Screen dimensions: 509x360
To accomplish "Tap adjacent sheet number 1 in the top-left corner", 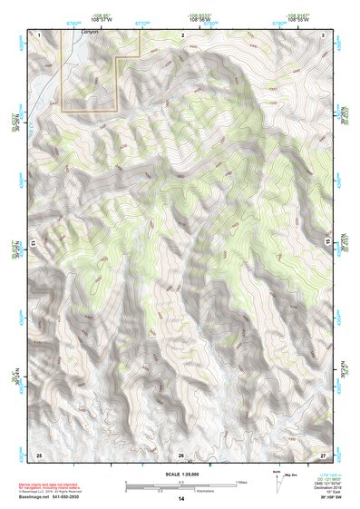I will click(x=39, y=34).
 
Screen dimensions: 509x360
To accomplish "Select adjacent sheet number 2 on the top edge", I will click(x=182, y=34).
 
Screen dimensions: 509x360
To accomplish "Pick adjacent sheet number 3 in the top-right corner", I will click(x=325, y=34).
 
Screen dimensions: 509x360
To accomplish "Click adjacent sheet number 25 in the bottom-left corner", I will click(x=39, y=454).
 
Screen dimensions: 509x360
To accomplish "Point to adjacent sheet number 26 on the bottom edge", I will click(x=181, y=454).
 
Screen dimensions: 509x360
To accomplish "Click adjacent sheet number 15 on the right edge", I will click(x=328, y=244).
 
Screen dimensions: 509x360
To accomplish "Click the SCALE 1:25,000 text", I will click(x=180, y=472).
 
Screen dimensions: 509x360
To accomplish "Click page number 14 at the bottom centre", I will click(x=180, y=500).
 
